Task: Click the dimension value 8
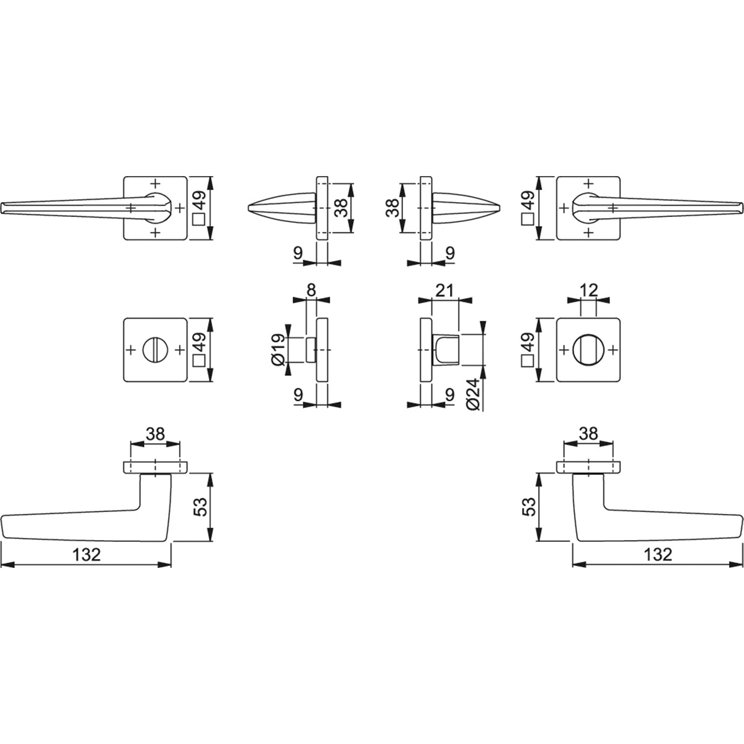[x=311, y=290]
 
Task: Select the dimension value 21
[x=444, y=290]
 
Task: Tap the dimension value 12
[x=589, y=290]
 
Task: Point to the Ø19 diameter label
[x=278, y=350]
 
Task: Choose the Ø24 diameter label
[x=473, y=394]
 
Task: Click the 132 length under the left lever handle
[x=86, y=555]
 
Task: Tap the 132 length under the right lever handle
[x=658, y=555]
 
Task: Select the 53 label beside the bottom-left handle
[x=201, y=507]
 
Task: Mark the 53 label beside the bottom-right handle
[x=529, y=507]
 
